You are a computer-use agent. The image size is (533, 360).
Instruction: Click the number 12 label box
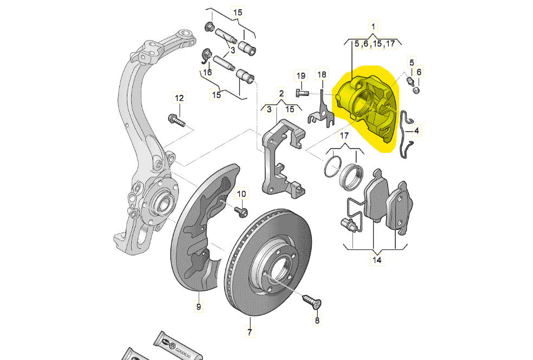click(179, 98)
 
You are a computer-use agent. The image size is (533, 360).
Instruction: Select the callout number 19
click(301, 75)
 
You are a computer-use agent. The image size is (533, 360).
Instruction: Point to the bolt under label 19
click(302, 93)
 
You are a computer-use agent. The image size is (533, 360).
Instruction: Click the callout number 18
click(322, 74)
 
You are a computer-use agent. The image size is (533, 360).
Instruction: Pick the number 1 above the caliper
click(373, 25)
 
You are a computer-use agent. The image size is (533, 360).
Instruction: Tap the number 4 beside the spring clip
click(416, 130)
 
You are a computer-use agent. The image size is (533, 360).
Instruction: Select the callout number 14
click(376, 260)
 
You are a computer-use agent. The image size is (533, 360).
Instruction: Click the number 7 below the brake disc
click(249, 332)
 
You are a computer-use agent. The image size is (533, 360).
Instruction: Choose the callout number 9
click(198, 307)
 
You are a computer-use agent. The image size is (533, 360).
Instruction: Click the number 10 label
click(241, 194)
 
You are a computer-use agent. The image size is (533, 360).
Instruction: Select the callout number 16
click(208, 73)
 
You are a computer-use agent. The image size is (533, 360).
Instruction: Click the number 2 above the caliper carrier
click(281, 93)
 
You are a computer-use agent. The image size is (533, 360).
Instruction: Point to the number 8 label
click(317, 320)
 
